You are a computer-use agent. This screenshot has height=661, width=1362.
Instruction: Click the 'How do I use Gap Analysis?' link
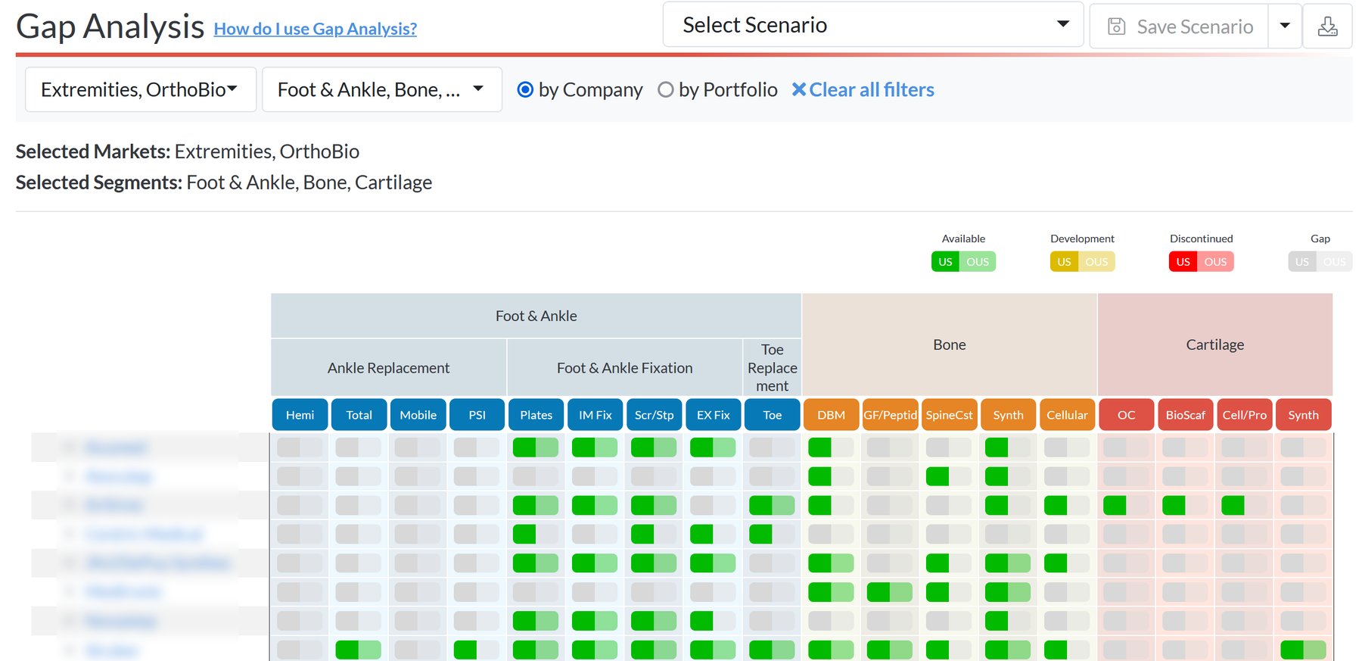tap(315, 29)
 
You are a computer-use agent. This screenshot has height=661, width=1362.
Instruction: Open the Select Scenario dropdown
tap(872, 25)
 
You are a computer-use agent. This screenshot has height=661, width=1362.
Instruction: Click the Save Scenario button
tap(1180, 27)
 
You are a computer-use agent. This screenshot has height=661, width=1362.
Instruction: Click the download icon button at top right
tap(1327, 27)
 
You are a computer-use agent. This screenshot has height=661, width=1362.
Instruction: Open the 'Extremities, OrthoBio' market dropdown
tap(140, 89)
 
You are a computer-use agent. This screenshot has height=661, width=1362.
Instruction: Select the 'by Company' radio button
tap(525, 89)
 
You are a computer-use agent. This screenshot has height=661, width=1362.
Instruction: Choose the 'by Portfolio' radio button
tap(666, 89)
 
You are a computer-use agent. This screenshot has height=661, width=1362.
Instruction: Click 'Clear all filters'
tap(863, 89)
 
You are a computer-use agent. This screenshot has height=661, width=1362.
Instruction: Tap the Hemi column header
tap(300, 415)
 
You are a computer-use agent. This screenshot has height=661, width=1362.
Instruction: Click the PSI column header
tap(477, 415)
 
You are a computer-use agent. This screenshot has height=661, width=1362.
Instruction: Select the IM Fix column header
tap(595, 415)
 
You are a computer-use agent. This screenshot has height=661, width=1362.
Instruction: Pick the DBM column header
tap(831, 415)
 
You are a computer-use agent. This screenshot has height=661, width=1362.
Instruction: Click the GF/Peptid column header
tap(890, 415)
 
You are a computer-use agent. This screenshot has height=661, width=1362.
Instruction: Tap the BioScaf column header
tap(1185, 415)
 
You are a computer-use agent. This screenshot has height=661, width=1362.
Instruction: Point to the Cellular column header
tap(1067, 415)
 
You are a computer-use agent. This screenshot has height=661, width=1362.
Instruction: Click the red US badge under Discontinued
tap(1183, 262)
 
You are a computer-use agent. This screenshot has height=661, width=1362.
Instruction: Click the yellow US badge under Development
tap(1064, 262)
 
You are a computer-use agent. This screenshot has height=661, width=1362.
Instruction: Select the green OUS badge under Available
tap(978, 262)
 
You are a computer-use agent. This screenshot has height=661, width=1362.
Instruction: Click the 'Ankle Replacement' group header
tap(388, 368)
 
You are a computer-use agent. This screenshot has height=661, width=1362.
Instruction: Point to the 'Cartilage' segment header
tap(1214, 345)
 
